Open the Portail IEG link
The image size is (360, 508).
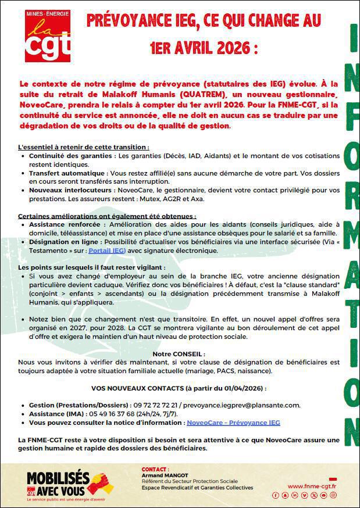click(x=106, y=251)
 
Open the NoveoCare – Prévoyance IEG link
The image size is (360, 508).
click(x=233, y=423)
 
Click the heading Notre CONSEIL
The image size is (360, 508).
click(x=179, y=354)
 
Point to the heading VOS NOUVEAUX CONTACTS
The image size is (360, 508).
click(x=179, y=388)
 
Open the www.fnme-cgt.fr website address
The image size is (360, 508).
click(x=312, y=486)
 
